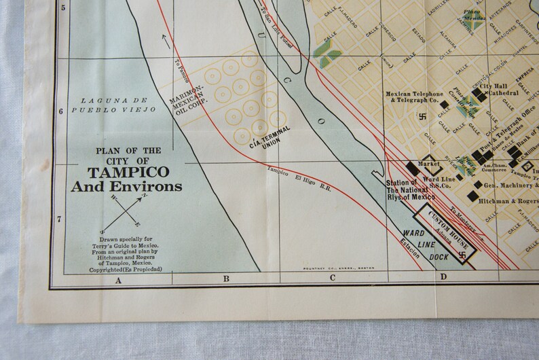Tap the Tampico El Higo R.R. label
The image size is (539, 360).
point(299,179)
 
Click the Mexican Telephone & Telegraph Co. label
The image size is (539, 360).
point(414,98)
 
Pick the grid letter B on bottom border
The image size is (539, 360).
point(226,279)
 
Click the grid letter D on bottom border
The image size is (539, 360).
point(443,276)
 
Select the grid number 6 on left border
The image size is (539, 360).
point(62,111)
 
